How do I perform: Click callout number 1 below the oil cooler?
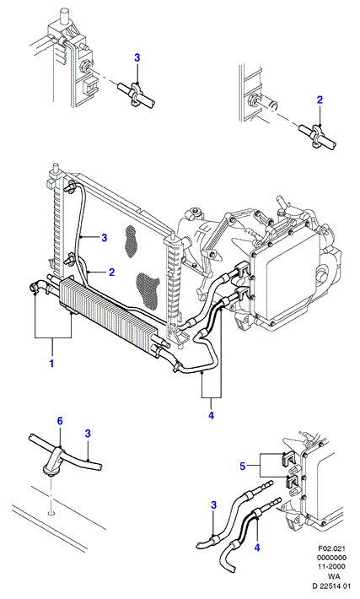pyautogui.click(x=51, y=363)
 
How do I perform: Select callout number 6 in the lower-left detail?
pyautogui.click(x=60, y=421)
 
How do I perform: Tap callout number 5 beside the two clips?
pyautogui.click(x=243, y=466)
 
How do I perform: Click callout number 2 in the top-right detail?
pyautogui.click(x=320, y=100)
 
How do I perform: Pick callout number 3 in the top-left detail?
pyautogui.click(x=137, y=57)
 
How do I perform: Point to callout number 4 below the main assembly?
pyautogui.click(x=211, y=415)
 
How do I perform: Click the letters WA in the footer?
pyautogui.click(x=335, y=576)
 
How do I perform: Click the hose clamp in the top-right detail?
pyautogui.click(x=317, y=135)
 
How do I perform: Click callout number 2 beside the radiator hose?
pyautogui.click(x=111, y=272)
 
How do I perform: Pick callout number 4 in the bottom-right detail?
pyautogui.click(x=257, y=548)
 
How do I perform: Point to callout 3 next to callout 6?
pyautogui.click(x=88, y=434)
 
